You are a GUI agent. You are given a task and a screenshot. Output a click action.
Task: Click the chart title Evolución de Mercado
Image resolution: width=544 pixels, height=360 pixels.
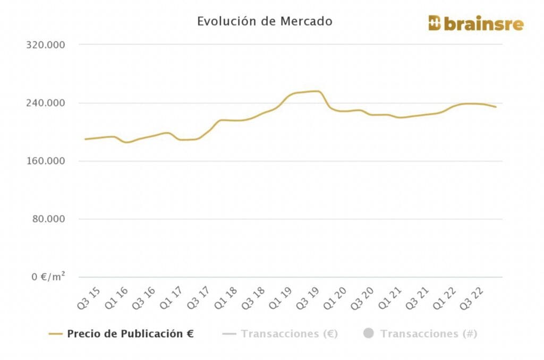tap(265, 21)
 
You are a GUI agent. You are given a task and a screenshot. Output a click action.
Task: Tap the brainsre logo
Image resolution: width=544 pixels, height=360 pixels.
tap(475, 23)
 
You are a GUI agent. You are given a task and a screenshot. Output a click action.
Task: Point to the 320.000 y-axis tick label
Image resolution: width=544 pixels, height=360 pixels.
tap(46, 45)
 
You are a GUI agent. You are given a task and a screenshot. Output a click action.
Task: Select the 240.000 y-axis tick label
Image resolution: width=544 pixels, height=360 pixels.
tap(46, 103)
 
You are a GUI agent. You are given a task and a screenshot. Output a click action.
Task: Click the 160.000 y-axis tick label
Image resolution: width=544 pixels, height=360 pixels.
tap(46, 161)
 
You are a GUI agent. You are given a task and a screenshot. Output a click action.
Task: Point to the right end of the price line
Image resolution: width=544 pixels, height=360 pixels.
tap(496, 107)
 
